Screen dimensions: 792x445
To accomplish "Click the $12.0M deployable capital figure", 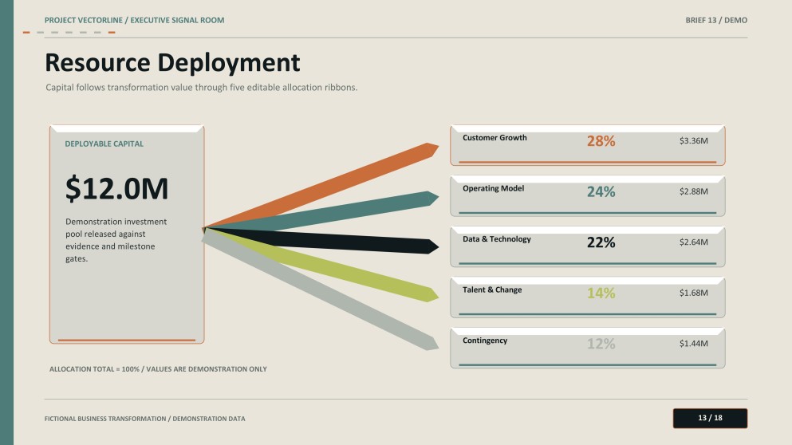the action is tap(116, 188).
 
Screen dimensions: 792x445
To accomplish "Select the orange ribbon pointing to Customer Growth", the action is tap(321, 185).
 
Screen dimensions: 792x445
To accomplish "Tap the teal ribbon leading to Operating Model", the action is tap(321, 211).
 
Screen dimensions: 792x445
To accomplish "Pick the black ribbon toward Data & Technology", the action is tap(321, 239).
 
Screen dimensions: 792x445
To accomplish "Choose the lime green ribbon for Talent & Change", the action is tap(321, 264).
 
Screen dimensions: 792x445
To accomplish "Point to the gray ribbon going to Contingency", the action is tap(321, 289).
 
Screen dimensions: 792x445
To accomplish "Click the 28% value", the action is tap(601, 141).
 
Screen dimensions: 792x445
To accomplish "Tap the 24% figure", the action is tap(601, 191).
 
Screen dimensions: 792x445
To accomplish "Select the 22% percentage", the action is tap(601, 242).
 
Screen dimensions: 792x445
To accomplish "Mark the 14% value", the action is tap(601, 293).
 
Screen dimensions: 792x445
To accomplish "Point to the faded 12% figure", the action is tap(601, 344).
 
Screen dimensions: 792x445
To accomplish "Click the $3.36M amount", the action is tap(694, 140).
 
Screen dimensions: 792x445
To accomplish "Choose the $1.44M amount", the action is tap(694, 344).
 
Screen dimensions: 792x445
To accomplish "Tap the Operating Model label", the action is tap(494, 188).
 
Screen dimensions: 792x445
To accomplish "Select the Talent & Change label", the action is tap(492, 290).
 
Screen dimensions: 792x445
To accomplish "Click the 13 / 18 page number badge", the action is tap(710, 418).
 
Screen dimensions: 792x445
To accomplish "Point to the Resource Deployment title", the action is tap(172, 63).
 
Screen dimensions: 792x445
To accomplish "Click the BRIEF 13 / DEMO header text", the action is tap(716, 20).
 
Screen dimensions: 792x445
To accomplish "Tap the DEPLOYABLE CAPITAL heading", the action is tap(104, 144).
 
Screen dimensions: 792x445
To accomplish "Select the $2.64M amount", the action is tap(694, 242).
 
